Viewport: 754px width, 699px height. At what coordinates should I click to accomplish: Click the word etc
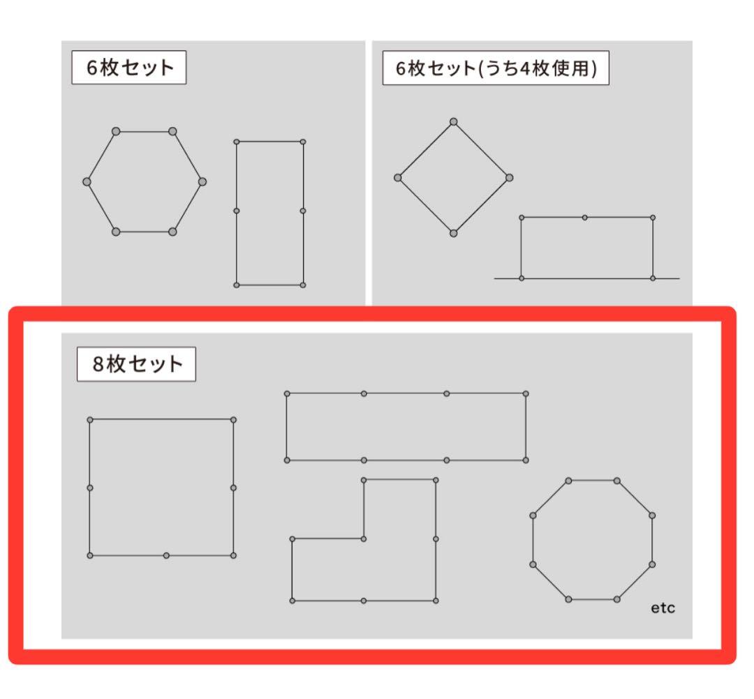[x=663, y=608]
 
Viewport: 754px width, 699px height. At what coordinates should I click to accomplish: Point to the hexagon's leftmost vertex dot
[x=87, y=181]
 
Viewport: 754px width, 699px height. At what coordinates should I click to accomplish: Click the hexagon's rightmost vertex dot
[x=202, y=181]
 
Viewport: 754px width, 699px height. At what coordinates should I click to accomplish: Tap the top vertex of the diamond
[x=454, y=122]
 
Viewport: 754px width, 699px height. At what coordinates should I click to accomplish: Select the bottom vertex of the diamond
[x=454, y=233]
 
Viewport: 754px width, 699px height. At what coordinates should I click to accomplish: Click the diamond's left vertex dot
[x=398, y=178]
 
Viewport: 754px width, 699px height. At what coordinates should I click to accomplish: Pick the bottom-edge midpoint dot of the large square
[x=166, y=555]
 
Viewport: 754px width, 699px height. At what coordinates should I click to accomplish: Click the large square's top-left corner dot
[x=90, y=420]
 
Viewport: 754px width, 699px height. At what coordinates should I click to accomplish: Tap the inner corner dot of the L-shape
[x=364, y=539]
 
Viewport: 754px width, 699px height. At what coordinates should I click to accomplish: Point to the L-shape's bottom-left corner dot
[x=293, y=601]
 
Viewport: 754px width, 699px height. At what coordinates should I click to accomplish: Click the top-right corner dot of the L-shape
[x=436, y=480]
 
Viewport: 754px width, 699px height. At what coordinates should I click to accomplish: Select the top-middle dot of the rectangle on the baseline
[x=585, y=218]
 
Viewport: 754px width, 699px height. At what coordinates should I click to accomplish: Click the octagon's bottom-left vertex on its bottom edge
[x=569, y=599]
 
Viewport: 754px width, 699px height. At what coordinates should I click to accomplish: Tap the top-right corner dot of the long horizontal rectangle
[x=526, y=393]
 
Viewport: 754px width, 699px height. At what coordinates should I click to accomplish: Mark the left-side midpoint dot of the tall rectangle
[x=237, y=211]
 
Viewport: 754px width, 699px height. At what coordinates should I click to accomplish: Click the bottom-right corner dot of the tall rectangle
[x=303, y=285]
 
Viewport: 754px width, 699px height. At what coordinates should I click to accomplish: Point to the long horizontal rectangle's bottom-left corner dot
[x=287, y=460]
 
